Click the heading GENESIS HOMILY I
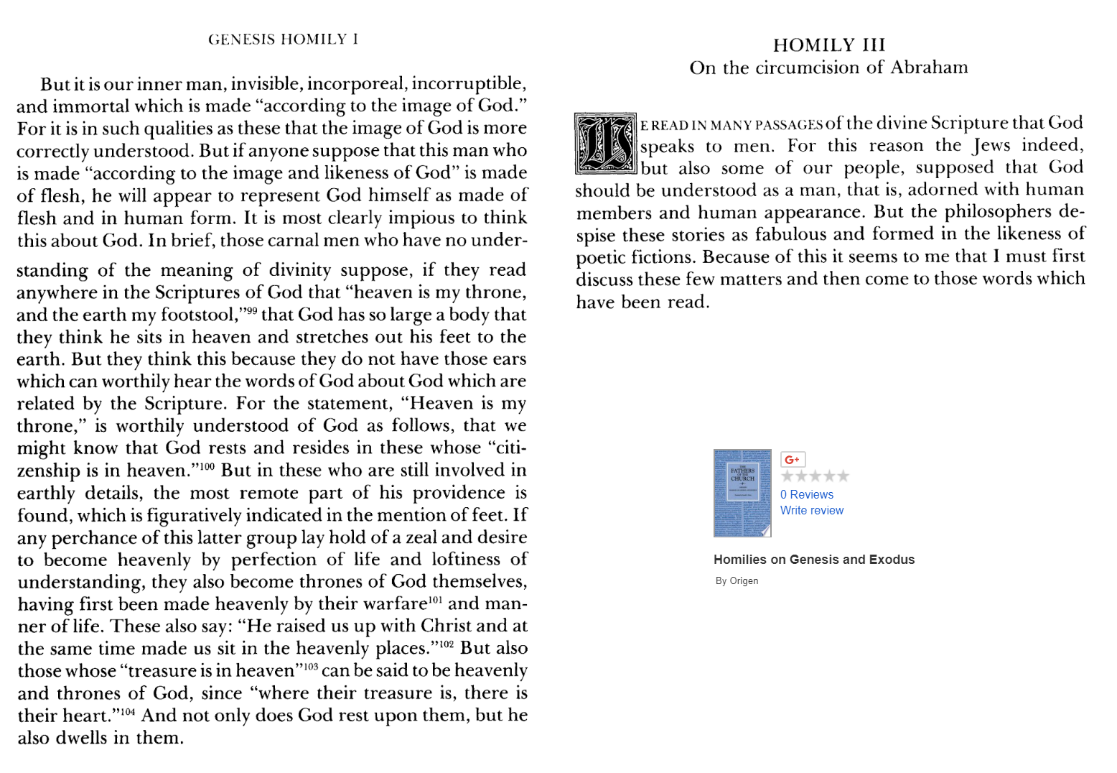tap(283, 40)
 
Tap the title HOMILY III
tap(828, 45)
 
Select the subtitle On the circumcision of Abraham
tap(828, 68)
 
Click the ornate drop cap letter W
tap(606, 144)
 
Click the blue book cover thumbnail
tap(742, 493)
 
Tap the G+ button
tap(793, 459)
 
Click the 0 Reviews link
tap(806, 494)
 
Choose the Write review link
tap(811, 510)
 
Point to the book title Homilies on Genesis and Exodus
tap(813, 560)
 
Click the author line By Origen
tap(737, 580)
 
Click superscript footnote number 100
tap(207, 466)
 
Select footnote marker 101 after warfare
tap(435, 599)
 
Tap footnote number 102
tap(447, 644)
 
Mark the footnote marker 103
tap(310, 666)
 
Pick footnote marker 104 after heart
tap(127, 711)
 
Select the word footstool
tap(199, 315)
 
